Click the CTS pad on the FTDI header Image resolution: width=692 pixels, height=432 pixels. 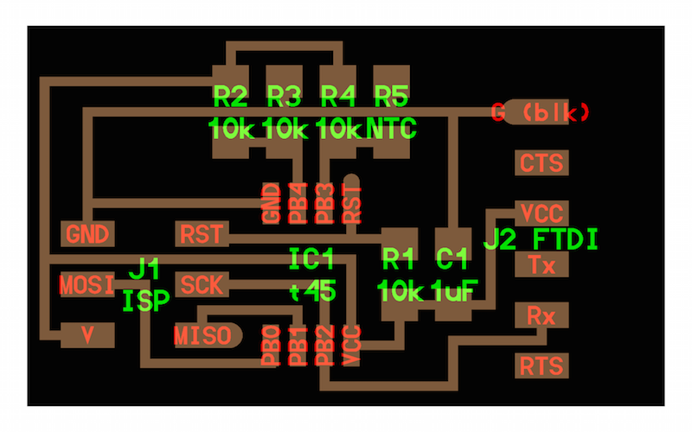click(x=541, y=162)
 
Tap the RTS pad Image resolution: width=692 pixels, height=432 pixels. click(x=541, y=365)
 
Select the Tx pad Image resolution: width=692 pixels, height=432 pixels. click(x=541, y=264)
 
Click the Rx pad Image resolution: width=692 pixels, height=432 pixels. click(x=541, y=315)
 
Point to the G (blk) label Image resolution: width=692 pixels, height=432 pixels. click(x=540, y=112)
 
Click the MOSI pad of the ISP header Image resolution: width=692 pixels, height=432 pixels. click(x=87, y=285)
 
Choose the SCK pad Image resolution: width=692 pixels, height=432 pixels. click(x=202, y=285)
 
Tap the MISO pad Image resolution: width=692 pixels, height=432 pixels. click(x=208, y=335)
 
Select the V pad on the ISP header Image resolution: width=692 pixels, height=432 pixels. click(x=87, y=335)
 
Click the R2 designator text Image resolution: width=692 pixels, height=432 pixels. click(x=230, y=97)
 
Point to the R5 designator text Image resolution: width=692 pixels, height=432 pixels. click(x=392, y=97)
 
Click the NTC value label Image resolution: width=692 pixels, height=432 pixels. click(x=392, y=129)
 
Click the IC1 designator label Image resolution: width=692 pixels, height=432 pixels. click(x=311, y=258)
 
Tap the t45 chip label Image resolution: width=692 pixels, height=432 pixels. click(x=312, y=291)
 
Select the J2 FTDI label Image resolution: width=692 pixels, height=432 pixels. click(x=541, y=240)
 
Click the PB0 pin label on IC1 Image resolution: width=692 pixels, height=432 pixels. click(x=271, y=346)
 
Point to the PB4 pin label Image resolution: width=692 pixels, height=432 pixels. click(x=298, y=203)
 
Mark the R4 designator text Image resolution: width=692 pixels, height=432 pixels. click(x=337, y=97)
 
